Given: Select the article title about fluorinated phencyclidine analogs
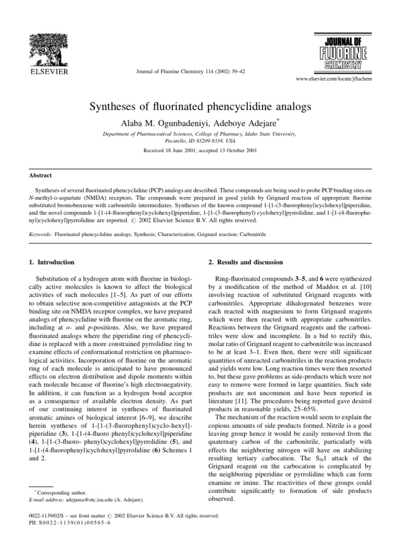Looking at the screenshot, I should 203,106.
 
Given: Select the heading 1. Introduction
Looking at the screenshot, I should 51,262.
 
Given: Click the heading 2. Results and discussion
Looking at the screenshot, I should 242,262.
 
